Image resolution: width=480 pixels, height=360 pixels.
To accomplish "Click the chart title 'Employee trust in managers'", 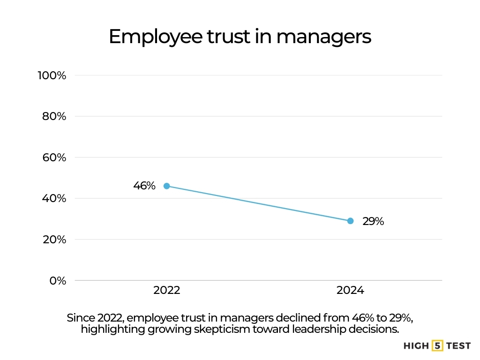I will [x=240, y=37].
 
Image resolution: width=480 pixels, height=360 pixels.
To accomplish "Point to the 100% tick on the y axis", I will [x=52, y=75].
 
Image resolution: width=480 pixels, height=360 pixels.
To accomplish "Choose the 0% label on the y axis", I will [x=57, y=280].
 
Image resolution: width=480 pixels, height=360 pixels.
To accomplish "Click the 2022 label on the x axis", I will [x=166, y=291].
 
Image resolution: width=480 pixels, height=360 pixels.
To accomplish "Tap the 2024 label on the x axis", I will [x=350, y=291].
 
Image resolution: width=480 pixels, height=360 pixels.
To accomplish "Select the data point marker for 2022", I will [x=166, y=186].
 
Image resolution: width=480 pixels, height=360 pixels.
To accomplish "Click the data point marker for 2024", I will [x=350, y=221].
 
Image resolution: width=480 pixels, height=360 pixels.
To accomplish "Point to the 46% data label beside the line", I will [x=144, y=186].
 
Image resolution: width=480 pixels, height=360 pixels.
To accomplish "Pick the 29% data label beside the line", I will [x=373, y=221].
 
